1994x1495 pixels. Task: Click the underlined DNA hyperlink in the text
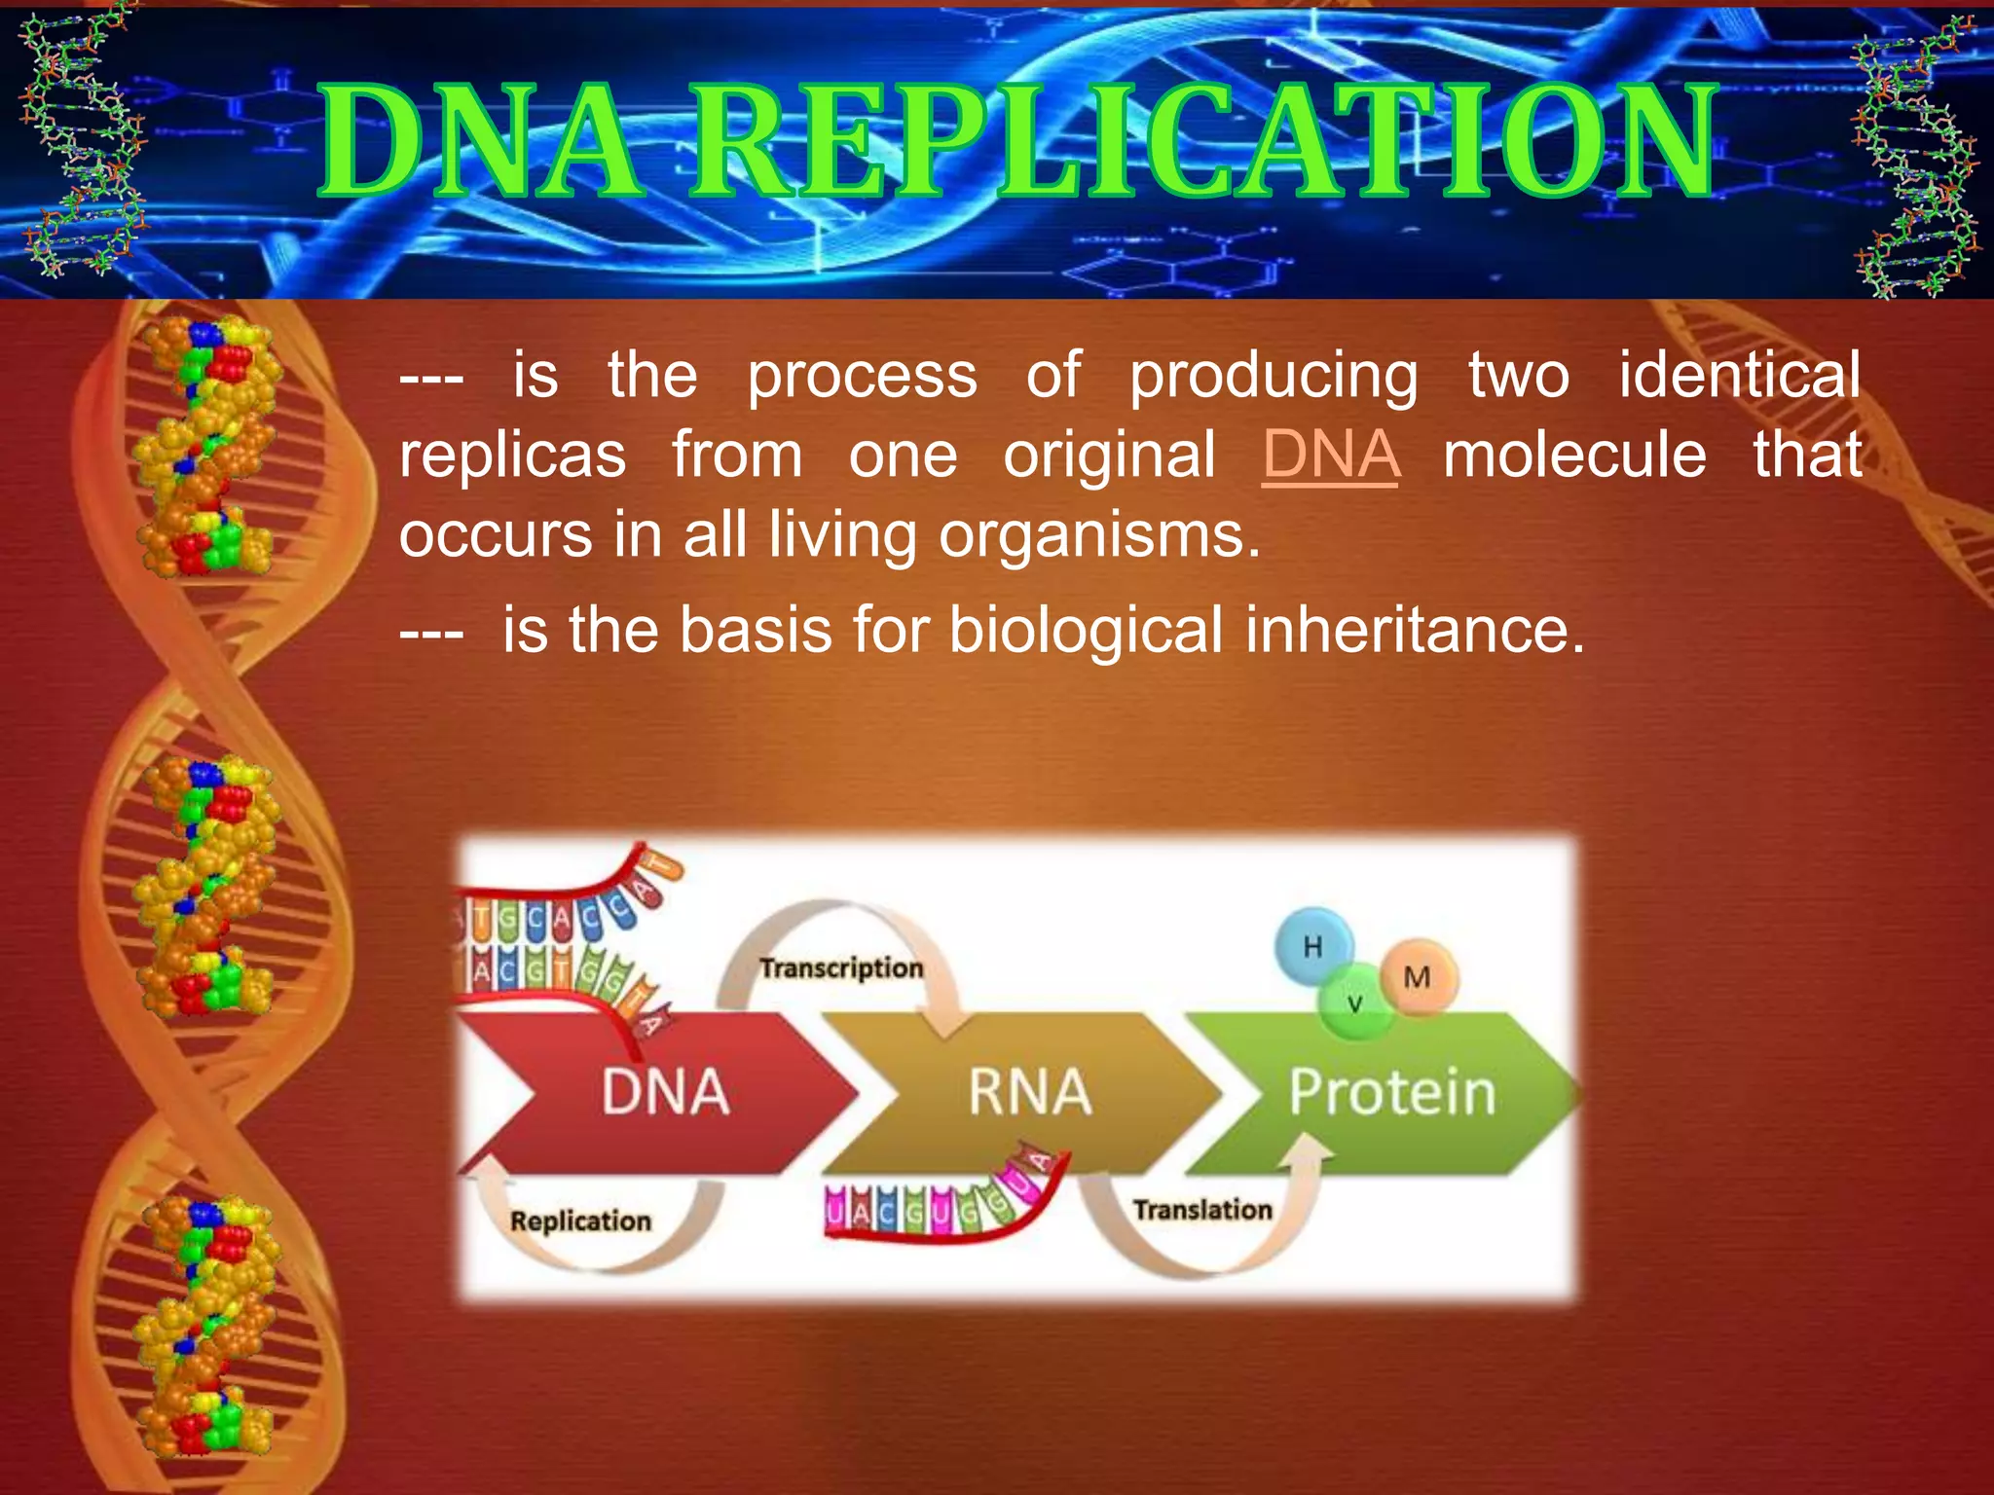pyautogui.click(x=1330, y=456)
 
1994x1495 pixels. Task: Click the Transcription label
pyautogui.click(x=841, y=968)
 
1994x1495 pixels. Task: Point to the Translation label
pyautogui.click(x=1202, y=1210)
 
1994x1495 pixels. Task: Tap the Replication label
pyautogui.click(x=580, y=1221)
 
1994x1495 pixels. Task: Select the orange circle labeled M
pyautogui.click(x=1419, y=976)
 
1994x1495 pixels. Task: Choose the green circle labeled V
pyautogui.click(x=1354, y=1003)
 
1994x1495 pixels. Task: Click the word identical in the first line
pyautogui.click(x=1739, y=375)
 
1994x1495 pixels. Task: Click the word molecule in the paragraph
pyautogui.click(x=1574, y=456)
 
